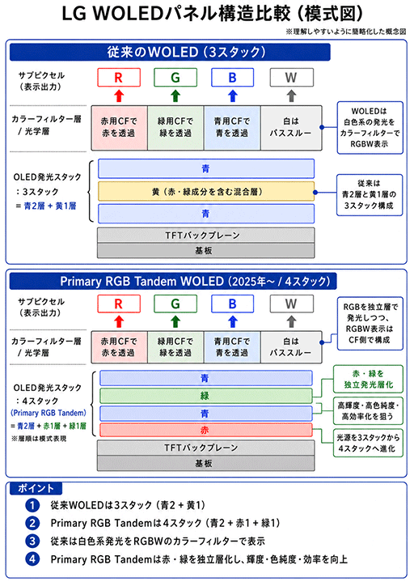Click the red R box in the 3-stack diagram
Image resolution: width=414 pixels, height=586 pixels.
[119, 78]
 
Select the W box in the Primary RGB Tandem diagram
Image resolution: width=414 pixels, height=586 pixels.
[292, 304]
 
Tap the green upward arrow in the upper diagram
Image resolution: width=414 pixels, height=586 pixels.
[175, 96]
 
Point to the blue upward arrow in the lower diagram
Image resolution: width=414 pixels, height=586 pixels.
[233, 321]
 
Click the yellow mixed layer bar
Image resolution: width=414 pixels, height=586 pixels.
[206, 191]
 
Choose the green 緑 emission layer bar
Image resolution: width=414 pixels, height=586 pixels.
[205, 396]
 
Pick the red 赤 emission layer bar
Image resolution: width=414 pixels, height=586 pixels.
[205, 430]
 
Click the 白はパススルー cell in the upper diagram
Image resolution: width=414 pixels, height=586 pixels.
[291, 128]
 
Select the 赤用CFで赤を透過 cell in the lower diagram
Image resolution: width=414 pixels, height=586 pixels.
[120, 346]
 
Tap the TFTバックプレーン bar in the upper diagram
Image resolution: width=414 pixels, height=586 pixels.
[205, 235]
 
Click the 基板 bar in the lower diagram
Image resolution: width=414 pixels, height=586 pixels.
[205, 463]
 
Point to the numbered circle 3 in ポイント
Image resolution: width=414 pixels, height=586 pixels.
[32, 541]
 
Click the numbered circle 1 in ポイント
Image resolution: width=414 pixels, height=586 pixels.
[32, 505]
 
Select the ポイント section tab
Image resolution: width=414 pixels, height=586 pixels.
[36, 488]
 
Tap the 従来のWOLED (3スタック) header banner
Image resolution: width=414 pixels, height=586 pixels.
[170, 52]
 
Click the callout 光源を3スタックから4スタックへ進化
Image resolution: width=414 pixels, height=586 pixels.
[368, 443]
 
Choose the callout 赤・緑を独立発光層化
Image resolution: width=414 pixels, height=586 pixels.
[368, 379]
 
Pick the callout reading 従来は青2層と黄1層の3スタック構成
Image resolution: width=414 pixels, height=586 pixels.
[370, 195]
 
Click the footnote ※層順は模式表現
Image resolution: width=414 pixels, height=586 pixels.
[39, 439]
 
